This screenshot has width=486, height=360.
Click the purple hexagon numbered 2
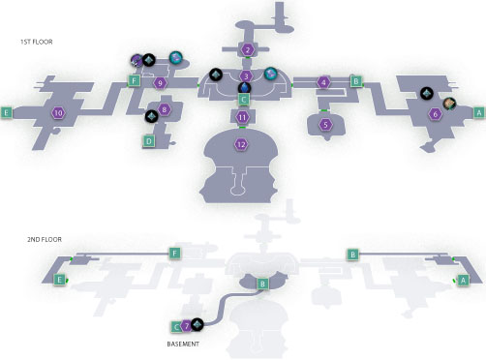[248, 50]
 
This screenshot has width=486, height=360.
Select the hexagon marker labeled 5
[325, 125]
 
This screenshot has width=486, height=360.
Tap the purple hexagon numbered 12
[241, 144]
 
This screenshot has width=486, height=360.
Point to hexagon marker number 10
[58, 113]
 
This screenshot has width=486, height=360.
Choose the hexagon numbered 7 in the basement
[186, 326]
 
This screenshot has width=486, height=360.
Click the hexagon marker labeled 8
[165, 109]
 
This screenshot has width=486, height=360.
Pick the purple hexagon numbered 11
[242, 117]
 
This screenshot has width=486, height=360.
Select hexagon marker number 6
[435, 114]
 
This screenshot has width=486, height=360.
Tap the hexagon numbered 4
[323, 82]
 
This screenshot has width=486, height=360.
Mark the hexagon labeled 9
[160, 83]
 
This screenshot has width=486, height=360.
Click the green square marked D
[149, 141]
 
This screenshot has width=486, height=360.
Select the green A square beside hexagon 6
[479, 112]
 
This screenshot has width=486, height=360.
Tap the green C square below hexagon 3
[244, 100]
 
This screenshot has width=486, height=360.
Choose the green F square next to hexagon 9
[134, 80]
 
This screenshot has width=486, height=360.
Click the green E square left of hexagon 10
[7, 112]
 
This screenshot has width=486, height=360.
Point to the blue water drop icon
[245, 88]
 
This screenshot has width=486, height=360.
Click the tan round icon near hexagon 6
[449, 104]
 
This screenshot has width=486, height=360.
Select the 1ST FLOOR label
[36, 42]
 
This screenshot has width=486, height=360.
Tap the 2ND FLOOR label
[45, 239]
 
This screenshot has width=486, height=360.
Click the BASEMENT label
[183, 344]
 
